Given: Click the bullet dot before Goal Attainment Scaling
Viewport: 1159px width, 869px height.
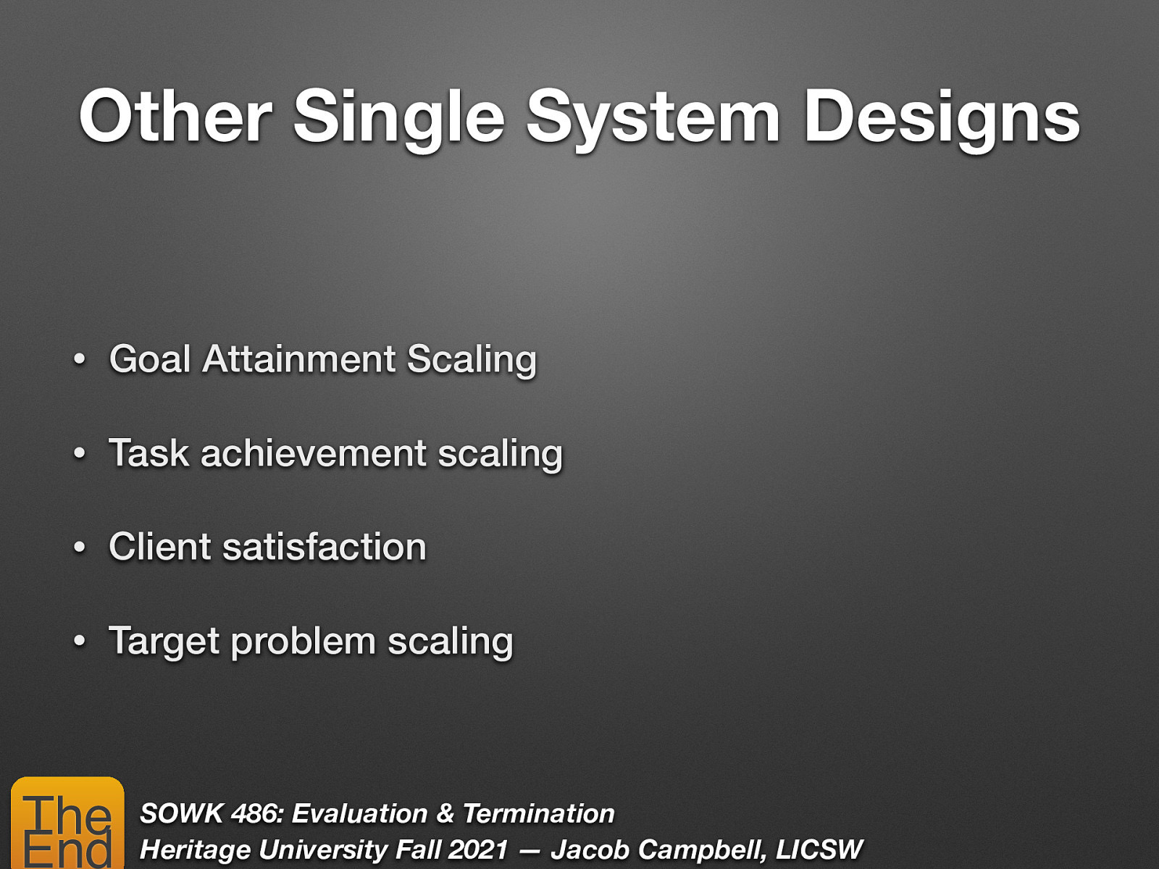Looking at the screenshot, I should [x=80, y=360].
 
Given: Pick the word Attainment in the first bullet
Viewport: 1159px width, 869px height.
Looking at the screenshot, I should [x=299, y=359].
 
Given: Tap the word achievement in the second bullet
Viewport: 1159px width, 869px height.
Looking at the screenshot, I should [x=314, y=453].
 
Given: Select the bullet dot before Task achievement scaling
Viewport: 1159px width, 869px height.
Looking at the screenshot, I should [x=80, y=454].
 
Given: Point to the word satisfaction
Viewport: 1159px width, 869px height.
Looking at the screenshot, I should [x=325, y=547].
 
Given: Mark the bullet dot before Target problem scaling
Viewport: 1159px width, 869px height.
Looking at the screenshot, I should [x=80, y=642].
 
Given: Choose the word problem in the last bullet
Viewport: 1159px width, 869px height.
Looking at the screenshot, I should [x=303, y=642].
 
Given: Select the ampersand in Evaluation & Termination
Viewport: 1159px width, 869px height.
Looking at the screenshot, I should [x=445, y=814].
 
